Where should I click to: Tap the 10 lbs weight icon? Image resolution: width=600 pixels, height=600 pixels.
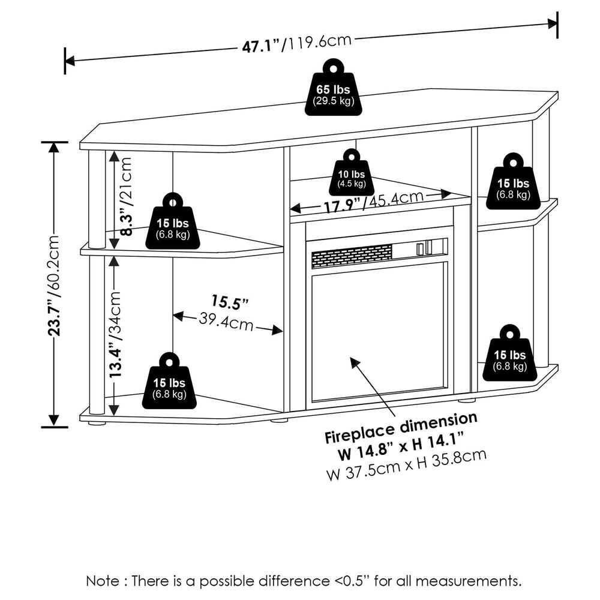(x=350, y=174)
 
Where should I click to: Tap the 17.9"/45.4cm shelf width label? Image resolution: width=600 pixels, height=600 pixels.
(x=372, y=202)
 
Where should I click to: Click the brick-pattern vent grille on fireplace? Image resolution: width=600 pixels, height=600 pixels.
(x=351, y=255)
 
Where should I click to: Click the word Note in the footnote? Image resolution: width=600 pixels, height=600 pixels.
(x=103, y=581)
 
